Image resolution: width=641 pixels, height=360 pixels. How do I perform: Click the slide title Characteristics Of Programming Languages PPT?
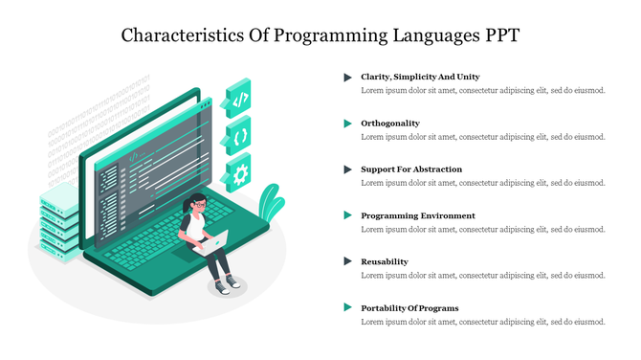point(320,36)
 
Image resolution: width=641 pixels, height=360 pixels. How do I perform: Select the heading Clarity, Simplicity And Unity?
point(420,77)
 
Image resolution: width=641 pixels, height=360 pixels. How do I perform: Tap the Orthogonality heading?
point(389,124)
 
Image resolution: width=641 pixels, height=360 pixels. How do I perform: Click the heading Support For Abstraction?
point(411,169)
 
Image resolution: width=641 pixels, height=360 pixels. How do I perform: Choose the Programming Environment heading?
point(417,215)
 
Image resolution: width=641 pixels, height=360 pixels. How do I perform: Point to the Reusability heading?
point(384,261)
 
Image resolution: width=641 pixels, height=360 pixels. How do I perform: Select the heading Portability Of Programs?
point(409,308)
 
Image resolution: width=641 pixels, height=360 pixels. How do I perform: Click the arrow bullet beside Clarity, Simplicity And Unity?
point(348,77)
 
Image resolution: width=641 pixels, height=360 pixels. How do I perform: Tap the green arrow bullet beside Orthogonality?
point(348,124)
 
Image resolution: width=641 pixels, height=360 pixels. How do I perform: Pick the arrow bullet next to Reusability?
point(348,261)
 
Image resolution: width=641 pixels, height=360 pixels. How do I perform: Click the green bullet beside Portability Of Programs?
point(348,308)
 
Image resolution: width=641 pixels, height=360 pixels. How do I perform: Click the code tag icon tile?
point(239,99)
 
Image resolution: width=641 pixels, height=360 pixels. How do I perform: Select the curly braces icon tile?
point(239,136)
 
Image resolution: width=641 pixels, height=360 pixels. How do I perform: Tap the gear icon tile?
point(239,173)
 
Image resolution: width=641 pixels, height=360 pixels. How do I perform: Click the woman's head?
point(197,203)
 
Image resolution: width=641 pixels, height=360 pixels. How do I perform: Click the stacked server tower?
point(60,223)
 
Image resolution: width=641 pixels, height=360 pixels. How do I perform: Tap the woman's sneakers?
point(226,285)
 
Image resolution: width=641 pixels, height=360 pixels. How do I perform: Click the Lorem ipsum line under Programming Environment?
point(483,230)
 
